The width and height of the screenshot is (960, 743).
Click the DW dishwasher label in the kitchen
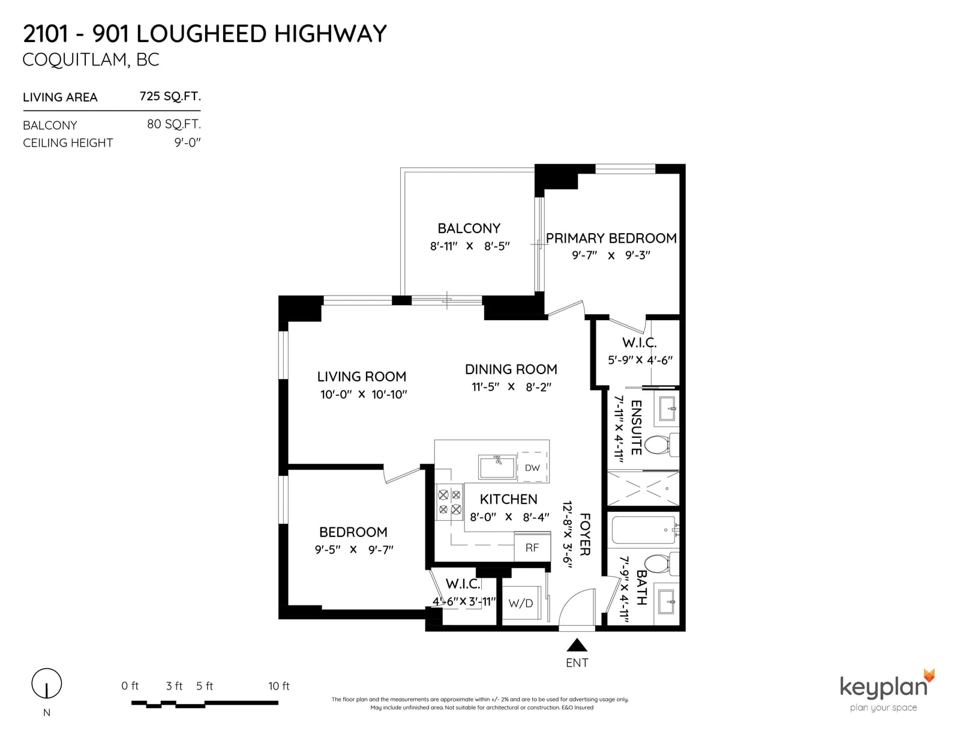click(532, 467)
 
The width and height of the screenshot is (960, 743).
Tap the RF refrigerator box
click(532, 547)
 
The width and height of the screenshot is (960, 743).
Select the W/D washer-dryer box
click(521, 603)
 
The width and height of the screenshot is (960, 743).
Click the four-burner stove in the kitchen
click(450, 502)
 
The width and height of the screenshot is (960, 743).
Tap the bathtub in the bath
click(644, 530)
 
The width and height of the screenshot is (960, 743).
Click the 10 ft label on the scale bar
click(279, 686)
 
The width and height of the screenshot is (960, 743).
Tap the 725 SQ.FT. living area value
click(170, 97)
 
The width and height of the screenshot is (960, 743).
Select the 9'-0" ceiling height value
click(187, 142)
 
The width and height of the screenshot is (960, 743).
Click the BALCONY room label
click(469, 228)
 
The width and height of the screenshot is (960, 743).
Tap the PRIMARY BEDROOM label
click(611, 238)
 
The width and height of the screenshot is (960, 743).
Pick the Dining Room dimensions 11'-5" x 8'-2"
click(512, 387)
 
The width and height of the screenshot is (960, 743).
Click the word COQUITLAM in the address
click(74, 60)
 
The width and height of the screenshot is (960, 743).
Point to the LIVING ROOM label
click(362, 377)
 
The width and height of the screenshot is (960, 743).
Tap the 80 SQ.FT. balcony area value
click(174, 125)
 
